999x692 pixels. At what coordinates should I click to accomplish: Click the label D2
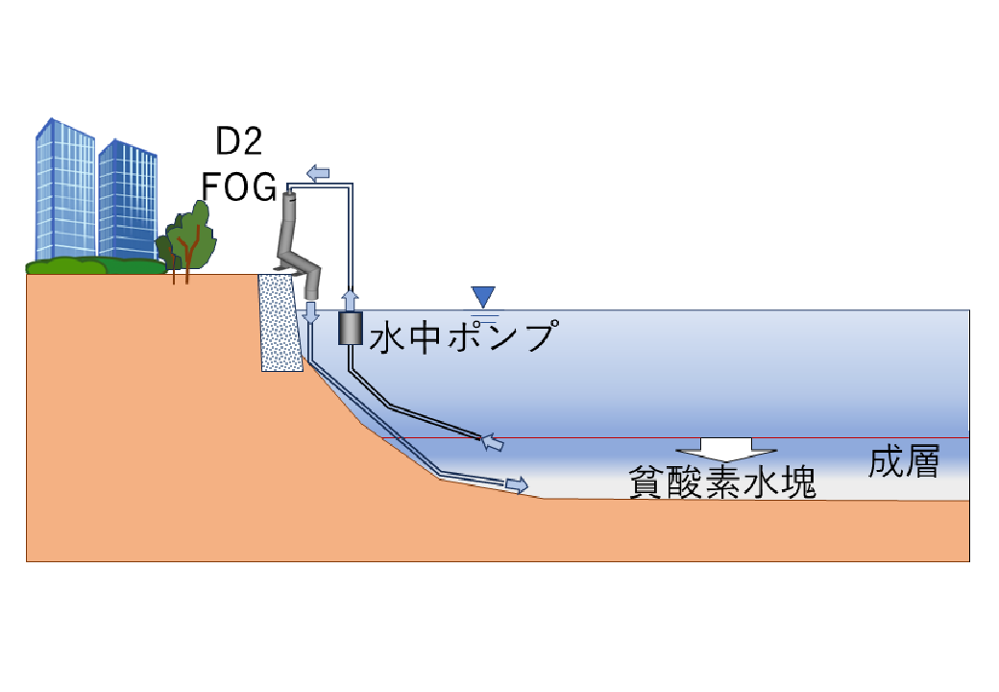coord(239,141)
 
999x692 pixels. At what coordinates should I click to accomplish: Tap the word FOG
coord(239,186)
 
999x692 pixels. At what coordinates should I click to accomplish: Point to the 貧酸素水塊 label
coord(722,482)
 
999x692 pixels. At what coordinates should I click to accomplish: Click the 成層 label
coord(904,462)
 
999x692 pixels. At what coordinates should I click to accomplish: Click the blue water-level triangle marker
coord(483,297)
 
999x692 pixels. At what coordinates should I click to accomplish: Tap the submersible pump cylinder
coord(350,329)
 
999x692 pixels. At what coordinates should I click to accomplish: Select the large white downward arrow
coord(725,450)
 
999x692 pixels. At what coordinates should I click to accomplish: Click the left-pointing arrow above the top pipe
coord(318,173)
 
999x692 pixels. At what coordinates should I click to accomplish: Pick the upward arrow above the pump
coord(350,301)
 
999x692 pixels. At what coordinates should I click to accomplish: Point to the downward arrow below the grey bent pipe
coord(311,313)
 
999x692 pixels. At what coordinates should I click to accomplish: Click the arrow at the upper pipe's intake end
coord(492,441)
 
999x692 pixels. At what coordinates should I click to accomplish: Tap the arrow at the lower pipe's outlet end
coord(517,484)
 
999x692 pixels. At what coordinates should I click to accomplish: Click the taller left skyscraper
coord(65,189)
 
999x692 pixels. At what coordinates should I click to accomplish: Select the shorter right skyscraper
coord(128,201)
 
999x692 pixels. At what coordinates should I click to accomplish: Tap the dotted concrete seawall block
coord(280,322)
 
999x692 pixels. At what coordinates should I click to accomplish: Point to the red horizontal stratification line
coord(675,437)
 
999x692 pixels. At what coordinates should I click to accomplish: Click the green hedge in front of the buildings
coord(95,265)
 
